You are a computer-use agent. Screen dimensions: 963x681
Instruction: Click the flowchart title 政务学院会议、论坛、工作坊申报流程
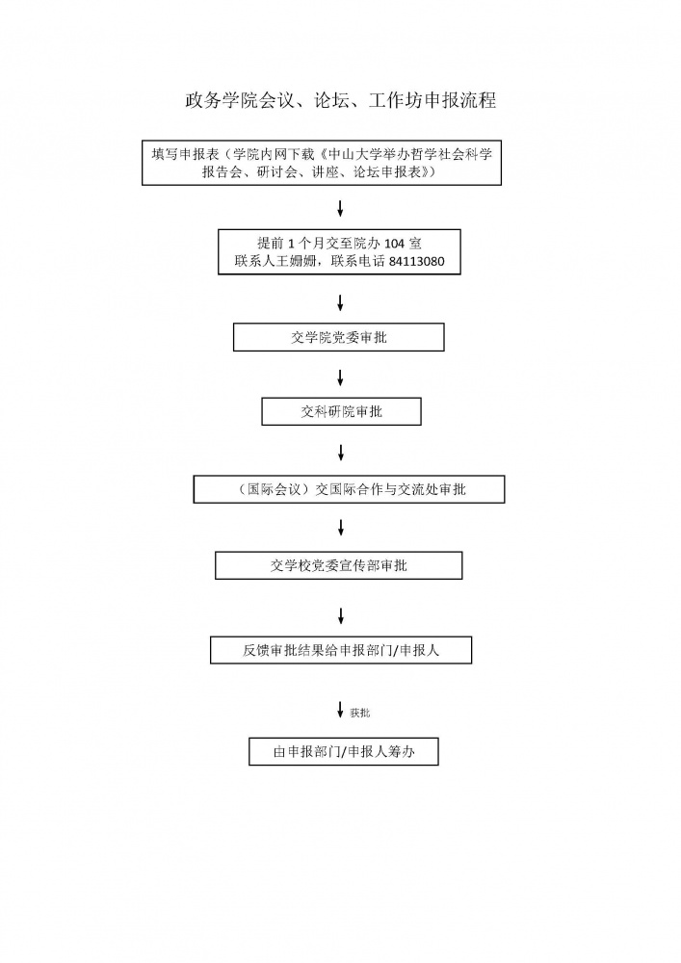[340, 100]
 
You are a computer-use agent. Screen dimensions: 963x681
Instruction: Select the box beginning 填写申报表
[326, 163]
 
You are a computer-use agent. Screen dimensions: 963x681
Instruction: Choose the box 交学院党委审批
[339, 337]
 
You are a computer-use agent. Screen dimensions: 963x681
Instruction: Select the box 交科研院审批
[341, 411]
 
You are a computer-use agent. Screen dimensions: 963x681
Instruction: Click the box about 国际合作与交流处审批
[349, 489]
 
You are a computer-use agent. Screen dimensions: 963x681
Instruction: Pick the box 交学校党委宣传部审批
[338, 565]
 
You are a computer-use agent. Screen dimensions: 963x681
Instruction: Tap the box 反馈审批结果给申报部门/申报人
[341, 650]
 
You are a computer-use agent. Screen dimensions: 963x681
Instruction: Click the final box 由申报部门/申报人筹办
[343, 751]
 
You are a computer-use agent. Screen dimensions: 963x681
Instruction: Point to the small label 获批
[360, 713]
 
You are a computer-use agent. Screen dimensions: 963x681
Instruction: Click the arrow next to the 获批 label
[340, 711]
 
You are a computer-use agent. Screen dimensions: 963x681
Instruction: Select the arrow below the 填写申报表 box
[340, 208]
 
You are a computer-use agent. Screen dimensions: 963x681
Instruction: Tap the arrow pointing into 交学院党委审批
[340, 303]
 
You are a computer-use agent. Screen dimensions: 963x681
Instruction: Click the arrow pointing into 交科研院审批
[340, 377]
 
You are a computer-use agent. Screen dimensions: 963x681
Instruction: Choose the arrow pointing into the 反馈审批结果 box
[340, 614]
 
